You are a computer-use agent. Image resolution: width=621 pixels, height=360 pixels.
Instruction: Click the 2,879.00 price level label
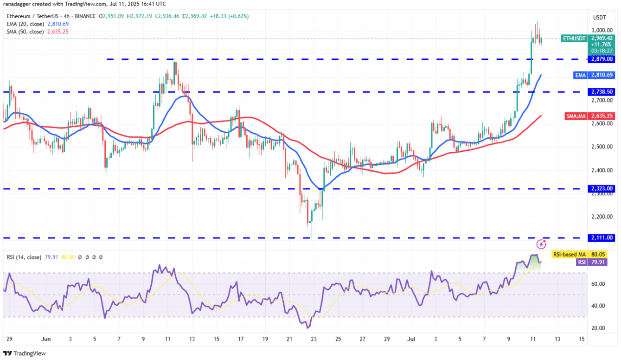pos(602,59)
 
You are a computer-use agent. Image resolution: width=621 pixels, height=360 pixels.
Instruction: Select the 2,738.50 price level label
pos(602,92)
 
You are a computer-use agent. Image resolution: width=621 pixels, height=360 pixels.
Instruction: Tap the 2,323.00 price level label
pos(602,188)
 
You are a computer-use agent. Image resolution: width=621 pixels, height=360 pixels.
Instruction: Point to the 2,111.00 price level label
pos(602,238)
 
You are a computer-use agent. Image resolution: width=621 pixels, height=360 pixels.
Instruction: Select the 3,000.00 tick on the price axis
pos(601,30)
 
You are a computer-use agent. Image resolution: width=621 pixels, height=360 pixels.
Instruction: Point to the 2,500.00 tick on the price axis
pos(601,147)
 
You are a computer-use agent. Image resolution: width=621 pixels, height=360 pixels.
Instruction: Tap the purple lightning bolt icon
pos(541,244)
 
